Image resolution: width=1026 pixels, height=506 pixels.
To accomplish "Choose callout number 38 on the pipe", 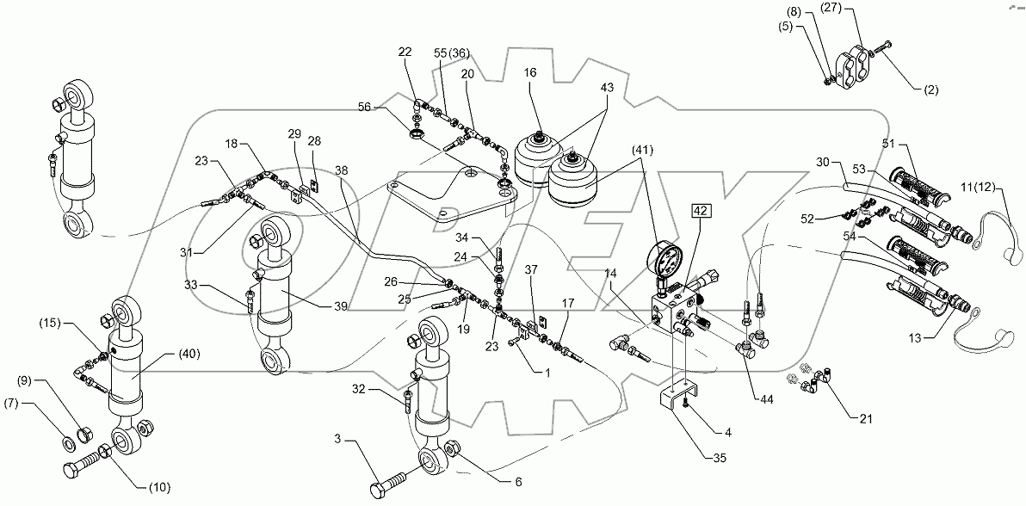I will coord(343,171).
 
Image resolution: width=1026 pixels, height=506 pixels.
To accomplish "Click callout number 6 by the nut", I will coord(517,483).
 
